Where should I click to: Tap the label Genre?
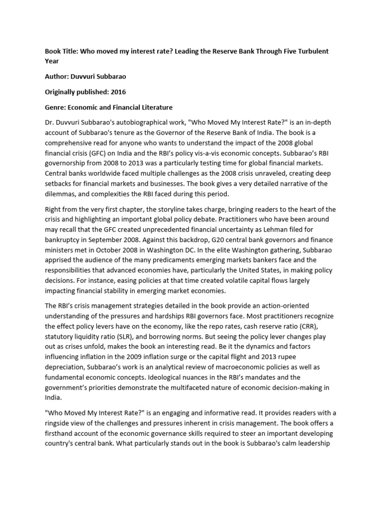(x=57, y=107)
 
